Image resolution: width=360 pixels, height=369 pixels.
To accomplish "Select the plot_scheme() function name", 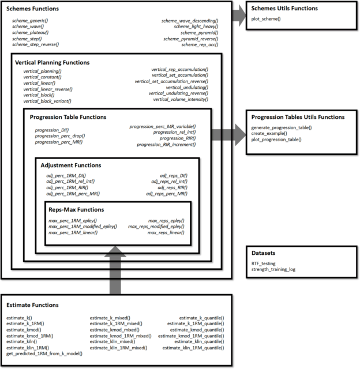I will pyautogui.click(x=265, y=20).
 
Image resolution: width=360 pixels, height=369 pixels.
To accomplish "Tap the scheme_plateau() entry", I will pyautogui.click(x=30, y=32).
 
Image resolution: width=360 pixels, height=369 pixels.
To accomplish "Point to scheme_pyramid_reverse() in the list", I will pyautogui.click(x=190, y=39).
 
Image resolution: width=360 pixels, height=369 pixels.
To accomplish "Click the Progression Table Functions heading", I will pyautogui.click(x=68, y=117).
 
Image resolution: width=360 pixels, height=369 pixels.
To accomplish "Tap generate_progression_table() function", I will pyautogui.click(x=282, y=127).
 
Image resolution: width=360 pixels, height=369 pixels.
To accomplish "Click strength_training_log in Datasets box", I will pyautogui.click(x=273, y=269).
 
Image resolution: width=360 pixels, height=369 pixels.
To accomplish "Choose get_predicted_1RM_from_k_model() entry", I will pyautogui.click(x=44, y=353).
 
